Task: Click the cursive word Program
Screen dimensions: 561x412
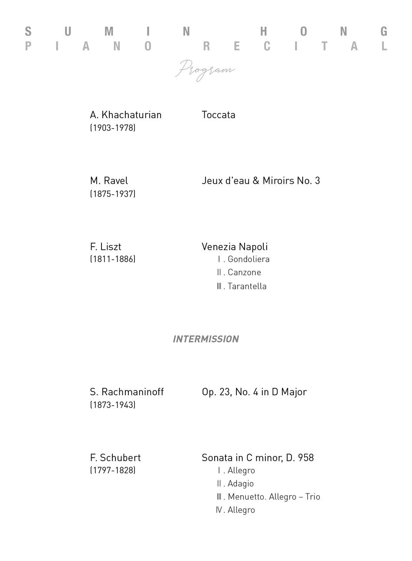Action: tap(205, 70)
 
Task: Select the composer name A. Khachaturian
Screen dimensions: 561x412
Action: tap(125, 115)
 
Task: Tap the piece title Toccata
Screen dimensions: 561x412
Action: tap(218, 115)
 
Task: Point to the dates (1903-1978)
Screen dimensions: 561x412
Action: tap(113, 128)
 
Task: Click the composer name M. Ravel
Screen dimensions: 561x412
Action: tap(109, 181)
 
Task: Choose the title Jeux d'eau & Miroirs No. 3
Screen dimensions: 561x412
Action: tap(261, 181)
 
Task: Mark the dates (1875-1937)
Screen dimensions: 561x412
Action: tap(113, 193)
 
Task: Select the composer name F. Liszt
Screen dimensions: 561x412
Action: tap(105, 247)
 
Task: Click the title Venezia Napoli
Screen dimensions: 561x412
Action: tap(235, 247)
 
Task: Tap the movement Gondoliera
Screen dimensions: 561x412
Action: tap(248, 259)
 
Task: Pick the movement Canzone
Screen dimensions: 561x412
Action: tap(244, 272)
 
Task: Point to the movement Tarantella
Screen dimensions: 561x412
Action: tap(246, 286)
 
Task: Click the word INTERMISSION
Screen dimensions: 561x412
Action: tap(206, 339)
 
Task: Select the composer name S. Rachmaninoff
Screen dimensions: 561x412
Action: tap(127, 392)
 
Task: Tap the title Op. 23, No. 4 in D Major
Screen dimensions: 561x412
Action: tap(254, 392)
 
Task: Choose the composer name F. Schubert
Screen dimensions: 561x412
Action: tap(115, 458)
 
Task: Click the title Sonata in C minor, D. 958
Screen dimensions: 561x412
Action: tap(258, 458)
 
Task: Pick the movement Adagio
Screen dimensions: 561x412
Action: tap(240, 484)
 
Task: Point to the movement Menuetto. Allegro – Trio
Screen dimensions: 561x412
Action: tap(273, 497)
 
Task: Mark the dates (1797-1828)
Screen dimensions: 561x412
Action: tap(113, 470)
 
